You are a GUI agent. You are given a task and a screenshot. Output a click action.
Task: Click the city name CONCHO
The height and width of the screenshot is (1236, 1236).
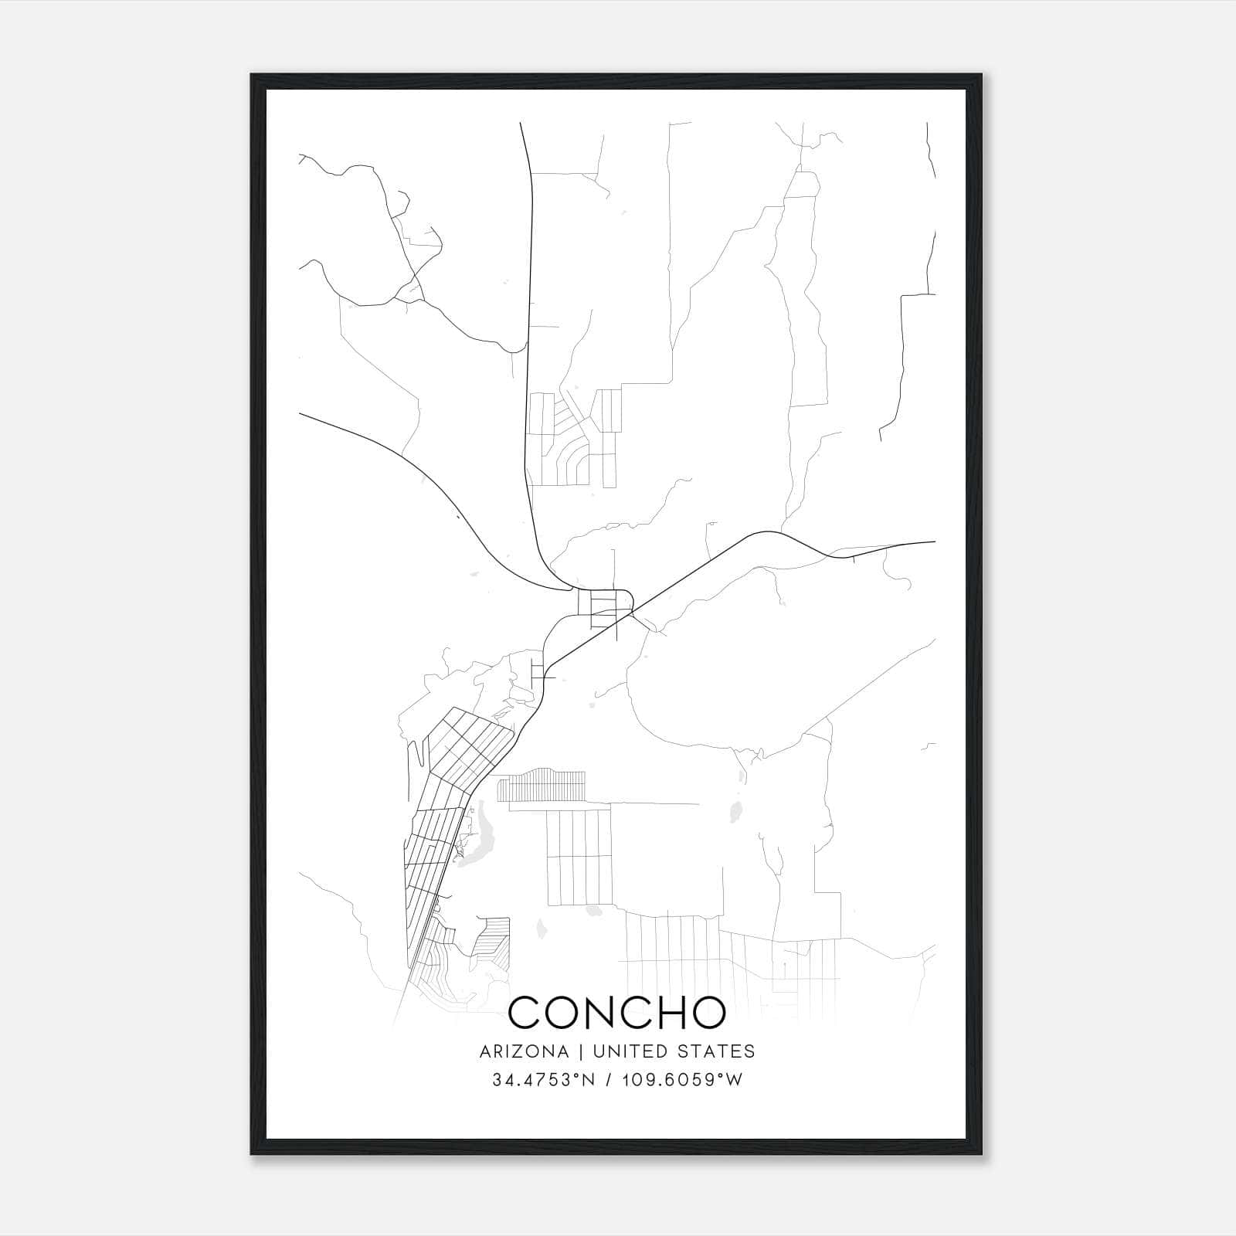tap(617, 1013)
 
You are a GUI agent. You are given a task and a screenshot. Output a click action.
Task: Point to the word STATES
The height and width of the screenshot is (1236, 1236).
tap(716, 1051)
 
